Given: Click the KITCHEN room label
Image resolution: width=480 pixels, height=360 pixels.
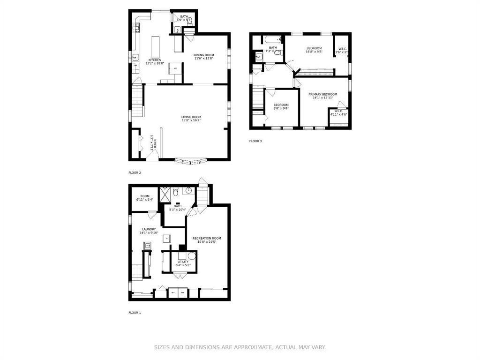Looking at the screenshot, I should coord(155,60).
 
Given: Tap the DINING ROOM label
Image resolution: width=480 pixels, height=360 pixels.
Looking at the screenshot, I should coord(204,55).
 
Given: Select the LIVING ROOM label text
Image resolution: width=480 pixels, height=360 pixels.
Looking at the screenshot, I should coord(191,117).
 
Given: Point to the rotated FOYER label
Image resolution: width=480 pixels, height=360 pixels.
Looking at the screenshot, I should coord(153,142).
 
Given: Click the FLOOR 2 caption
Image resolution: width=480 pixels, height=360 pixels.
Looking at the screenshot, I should coord(135,172).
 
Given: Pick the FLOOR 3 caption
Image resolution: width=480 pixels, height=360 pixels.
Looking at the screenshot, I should coord(255,141).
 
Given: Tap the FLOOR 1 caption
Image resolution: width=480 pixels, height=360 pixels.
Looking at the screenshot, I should coord(135,313).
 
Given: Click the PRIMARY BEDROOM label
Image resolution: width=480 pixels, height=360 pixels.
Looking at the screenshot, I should coord(322,94).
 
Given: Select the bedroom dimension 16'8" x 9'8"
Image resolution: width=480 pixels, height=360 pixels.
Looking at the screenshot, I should coord(314,52).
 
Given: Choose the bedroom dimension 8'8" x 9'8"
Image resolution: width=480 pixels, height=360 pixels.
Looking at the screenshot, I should coord(281,108).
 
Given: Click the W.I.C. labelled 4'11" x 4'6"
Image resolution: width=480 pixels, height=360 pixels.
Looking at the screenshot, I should coord(338,114).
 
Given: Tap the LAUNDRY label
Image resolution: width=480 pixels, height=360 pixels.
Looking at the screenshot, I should coord(149,229).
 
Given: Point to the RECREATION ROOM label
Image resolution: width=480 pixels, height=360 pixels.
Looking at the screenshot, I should coord(207,238).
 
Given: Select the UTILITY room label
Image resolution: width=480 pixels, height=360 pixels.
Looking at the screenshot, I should coord(183,262).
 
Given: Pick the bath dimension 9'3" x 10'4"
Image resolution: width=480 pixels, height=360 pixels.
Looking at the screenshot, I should coord(178,210).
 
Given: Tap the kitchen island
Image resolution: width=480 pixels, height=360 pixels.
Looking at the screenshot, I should coord(156,47).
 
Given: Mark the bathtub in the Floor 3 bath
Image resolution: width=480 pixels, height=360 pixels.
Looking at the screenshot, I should coord(272,39).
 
